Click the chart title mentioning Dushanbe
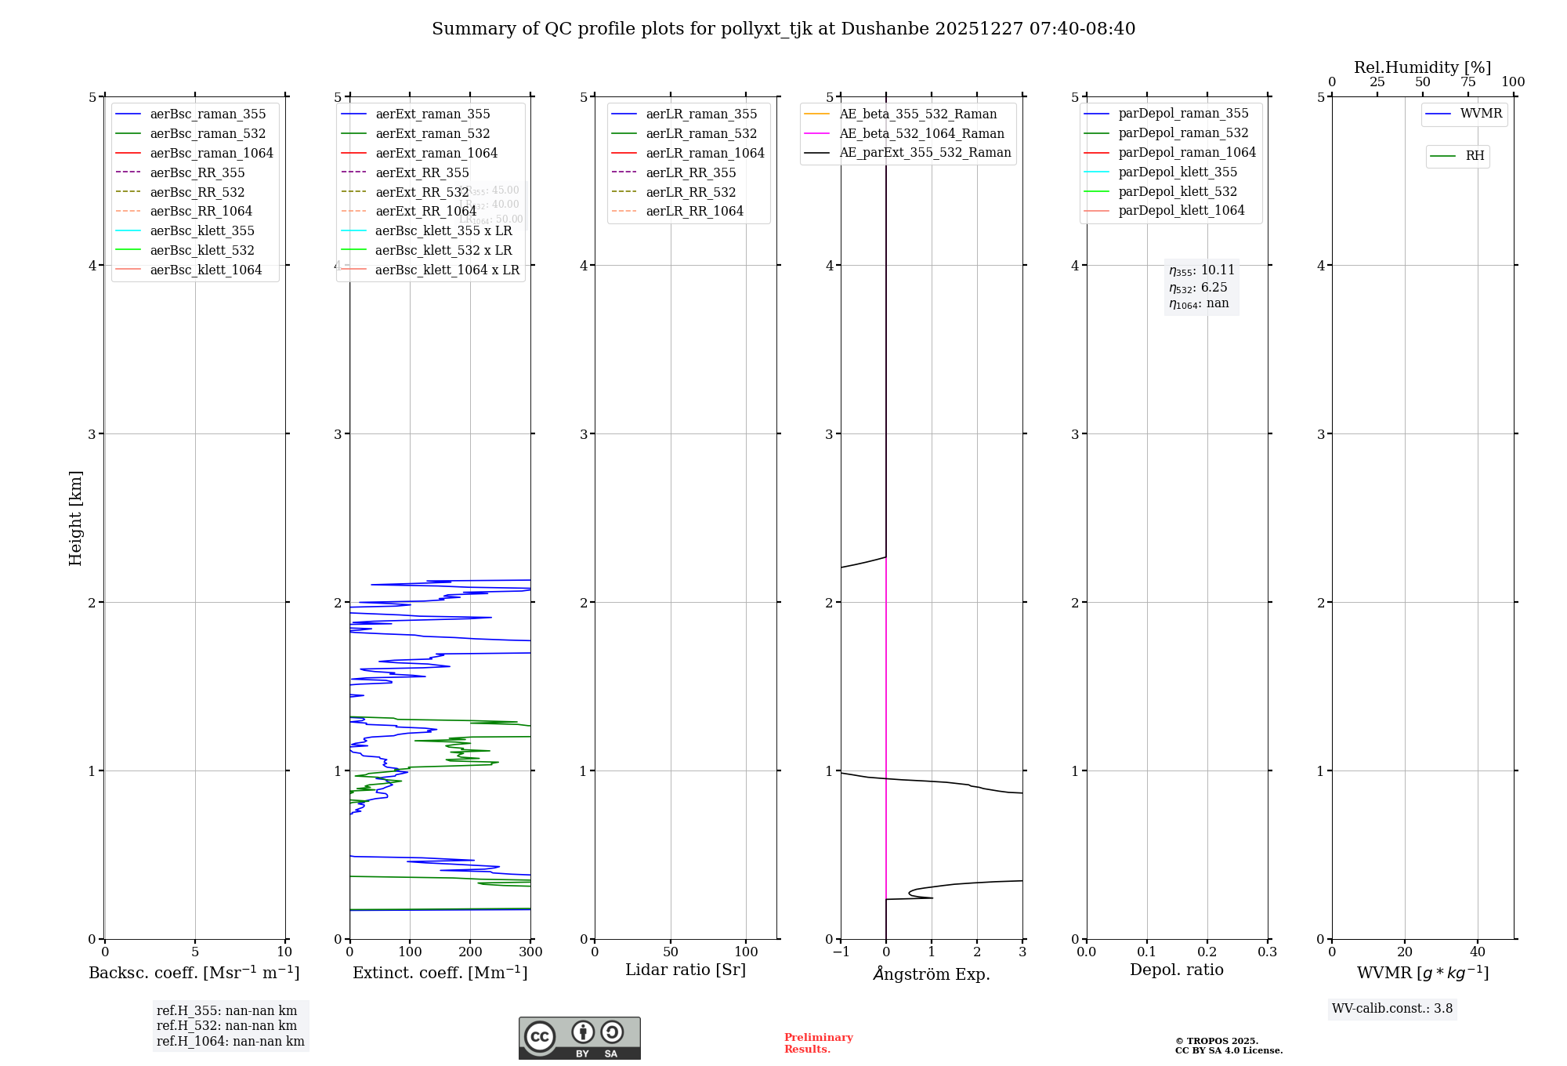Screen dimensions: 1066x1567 pos(783,29)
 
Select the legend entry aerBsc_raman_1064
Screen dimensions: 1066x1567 pos(212,153)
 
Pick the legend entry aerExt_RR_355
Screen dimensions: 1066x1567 pos(422,172)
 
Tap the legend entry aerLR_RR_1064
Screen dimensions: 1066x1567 pos(694,211)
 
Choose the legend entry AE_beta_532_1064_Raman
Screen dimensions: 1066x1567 pos(921,133)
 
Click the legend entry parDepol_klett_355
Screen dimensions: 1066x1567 pos(1178,172)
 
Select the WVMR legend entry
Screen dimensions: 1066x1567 pos(1481,114)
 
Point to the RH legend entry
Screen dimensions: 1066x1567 pos(1475,156)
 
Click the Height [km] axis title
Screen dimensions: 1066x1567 pos(75,517)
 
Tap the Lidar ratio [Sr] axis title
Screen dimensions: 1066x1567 pos(686,970)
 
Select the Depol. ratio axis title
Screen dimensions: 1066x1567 pos(1177,970)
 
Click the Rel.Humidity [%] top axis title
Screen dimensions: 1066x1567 pos(1422,67)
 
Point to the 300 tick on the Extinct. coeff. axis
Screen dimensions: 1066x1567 pos(530,952)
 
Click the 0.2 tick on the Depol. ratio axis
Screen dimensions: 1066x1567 pos(1207,952)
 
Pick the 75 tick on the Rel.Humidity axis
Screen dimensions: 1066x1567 pos(1468,82)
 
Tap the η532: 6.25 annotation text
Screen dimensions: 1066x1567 pos(1199,288)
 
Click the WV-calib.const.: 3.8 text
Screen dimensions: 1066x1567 pos(1392,1009)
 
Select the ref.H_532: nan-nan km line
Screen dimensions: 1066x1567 pos(227,1025)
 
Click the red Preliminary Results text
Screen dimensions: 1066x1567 pos(818,1043)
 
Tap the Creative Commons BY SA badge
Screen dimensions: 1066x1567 pos(579,1039)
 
